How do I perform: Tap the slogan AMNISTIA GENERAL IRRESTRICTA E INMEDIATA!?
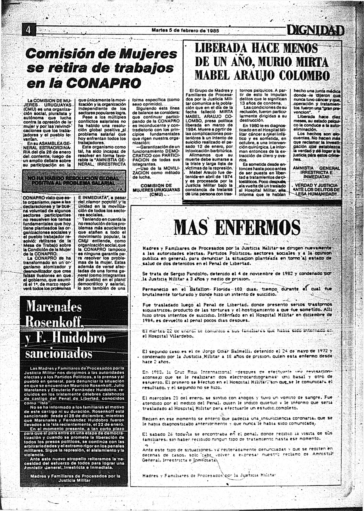click(316, 172)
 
